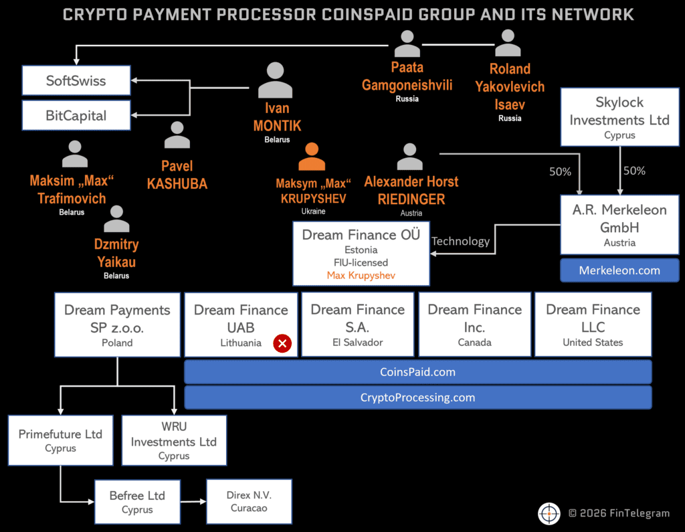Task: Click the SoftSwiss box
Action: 76,81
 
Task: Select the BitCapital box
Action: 76,116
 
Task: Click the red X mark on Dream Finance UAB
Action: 282,343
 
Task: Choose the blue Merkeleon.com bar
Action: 619,270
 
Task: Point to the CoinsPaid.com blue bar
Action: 417,371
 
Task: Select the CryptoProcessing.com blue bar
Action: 417,397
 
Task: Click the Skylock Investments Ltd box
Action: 619,118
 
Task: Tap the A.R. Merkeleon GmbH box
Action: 619,225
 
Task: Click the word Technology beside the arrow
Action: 460,242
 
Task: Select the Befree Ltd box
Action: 137,502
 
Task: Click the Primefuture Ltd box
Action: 60,440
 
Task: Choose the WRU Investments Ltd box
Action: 174,440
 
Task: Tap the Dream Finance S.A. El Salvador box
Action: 357,324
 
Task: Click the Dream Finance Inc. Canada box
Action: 474,324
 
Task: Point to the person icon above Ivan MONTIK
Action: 275,80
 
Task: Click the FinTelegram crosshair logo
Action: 549,513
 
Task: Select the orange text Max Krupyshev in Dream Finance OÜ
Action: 361,276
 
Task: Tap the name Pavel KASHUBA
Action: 177,175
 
